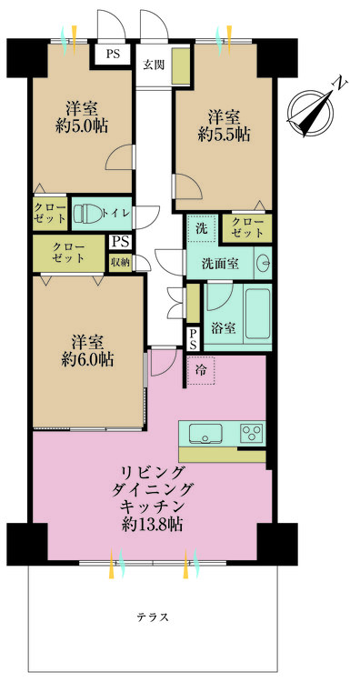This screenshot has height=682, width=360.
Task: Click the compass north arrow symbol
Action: tap(312, 110)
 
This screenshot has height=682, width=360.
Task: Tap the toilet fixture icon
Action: tap(87, 214)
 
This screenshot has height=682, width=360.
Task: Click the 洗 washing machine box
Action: tap(201, 229)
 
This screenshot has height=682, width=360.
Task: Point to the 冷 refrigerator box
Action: tap(201, 370)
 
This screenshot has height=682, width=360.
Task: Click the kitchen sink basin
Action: tap(206, 433)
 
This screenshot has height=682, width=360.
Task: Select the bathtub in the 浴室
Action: tap(257, 313)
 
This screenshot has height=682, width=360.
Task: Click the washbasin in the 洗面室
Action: tap(264, 262)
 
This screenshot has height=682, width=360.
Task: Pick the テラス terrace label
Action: tap(153, 617)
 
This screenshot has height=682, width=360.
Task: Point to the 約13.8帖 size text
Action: tap(152, 524)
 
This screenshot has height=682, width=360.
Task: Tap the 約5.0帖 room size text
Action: tap(82, 126)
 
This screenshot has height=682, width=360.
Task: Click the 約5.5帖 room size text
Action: tap(224, 135)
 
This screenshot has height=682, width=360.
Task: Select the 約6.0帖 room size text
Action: tap(88, 359)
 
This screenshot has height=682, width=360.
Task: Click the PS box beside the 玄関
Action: tap(113, 55)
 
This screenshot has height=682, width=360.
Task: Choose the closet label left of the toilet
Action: tap(50, 213)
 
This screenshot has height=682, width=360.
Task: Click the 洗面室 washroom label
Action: tap(220, 263)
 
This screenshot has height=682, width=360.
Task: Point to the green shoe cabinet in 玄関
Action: tap(181, 66)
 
